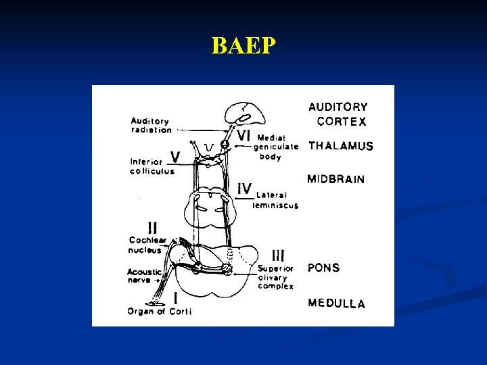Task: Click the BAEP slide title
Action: point(243,45)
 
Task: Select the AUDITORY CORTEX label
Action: point(338,114)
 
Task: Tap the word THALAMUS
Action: point(341,146)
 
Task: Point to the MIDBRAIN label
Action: point(336,179)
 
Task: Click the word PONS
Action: point(323,268)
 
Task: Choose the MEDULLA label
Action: point(336,303)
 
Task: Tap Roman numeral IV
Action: point(244,188)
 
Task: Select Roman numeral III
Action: point(278,255)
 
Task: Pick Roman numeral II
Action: point(154,228)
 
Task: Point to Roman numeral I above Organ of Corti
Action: point(176,297)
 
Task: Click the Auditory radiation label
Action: point(151,126)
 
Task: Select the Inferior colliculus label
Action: point(152,166)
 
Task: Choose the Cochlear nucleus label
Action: point(145,245)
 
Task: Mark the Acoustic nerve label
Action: point(145,276)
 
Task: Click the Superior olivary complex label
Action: point(275,277)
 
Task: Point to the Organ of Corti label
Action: point(160,312)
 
